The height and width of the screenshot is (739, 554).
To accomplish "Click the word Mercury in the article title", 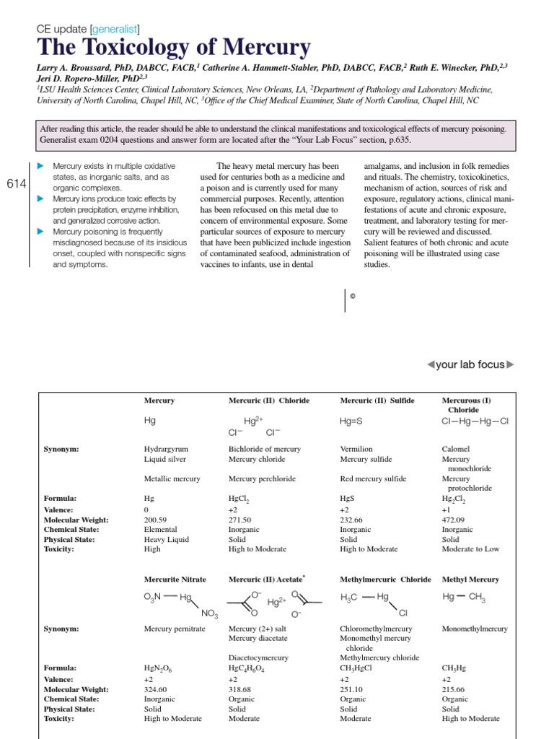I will point(263,48).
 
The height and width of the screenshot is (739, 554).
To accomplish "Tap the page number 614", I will point(16,184).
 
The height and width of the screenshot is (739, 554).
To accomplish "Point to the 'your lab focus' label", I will point(470,364).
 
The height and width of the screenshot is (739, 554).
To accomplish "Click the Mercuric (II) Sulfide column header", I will point(377,401).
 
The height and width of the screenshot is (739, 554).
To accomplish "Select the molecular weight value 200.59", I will point(157,520).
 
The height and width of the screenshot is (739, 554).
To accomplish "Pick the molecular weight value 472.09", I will point(454,520).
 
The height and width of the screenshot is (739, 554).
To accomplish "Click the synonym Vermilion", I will point(356,449).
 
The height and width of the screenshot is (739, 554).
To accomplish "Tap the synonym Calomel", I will point(455,449).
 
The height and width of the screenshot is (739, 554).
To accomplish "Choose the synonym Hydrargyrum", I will point(166,449).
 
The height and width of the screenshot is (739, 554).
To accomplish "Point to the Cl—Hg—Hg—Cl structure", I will point(475,421).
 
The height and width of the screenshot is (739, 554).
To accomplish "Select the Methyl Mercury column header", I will point(470,580).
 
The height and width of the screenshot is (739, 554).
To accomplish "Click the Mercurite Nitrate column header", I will point(175,580).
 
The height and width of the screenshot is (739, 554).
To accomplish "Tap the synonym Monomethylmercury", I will point(474,629).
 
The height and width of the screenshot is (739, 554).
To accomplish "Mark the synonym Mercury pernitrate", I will point(175,629).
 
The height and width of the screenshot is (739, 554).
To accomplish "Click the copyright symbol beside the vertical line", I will point(353,295).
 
